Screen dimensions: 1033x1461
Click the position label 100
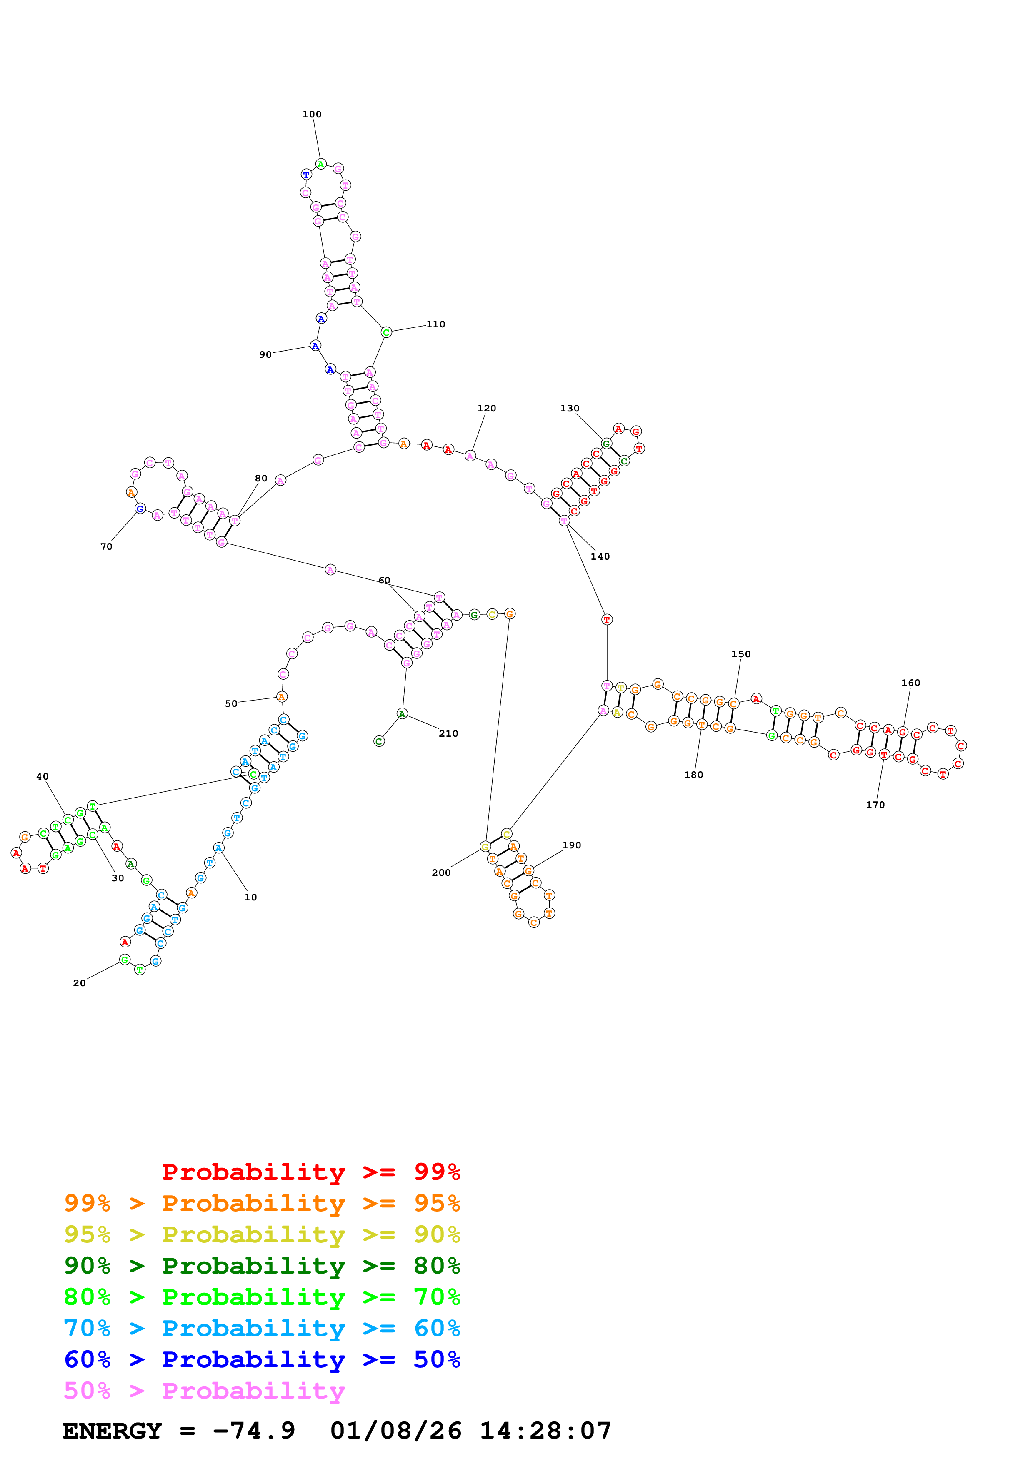point(312,115)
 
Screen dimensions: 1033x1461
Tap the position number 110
point(436,324)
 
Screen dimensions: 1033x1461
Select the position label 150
point(741,654)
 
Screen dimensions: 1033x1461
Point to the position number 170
point(875,805)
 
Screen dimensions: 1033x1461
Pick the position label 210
point(449,734)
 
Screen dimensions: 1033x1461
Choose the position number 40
point(42,777)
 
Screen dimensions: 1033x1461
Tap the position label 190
point(572,846)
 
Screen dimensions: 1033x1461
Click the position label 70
point(106,546)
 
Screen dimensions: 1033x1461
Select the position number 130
point(570,409)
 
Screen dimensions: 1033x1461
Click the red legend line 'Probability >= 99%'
point(310,1172)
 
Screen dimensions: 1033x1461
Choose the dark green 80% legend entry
point(262,1266)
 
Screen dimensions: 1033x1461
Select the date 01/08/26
point(395,1431)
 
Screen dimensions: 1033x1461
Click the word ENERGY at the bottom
point(112,1431)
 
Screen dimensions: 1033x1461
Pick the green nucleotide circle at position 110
point(386,332)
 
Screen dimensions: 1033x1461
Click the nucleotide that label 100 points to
point(321,164)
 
